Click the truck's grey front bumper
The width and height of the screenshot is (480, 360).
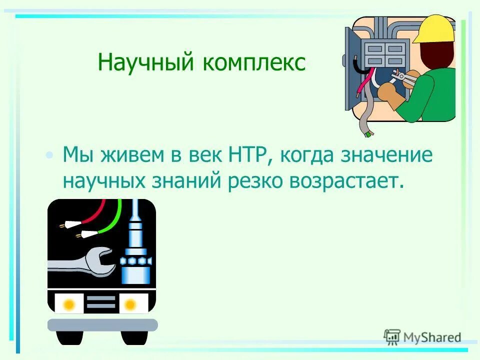point(102,325)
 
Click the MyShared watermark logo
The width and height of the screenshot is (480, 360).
point(422,337)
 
